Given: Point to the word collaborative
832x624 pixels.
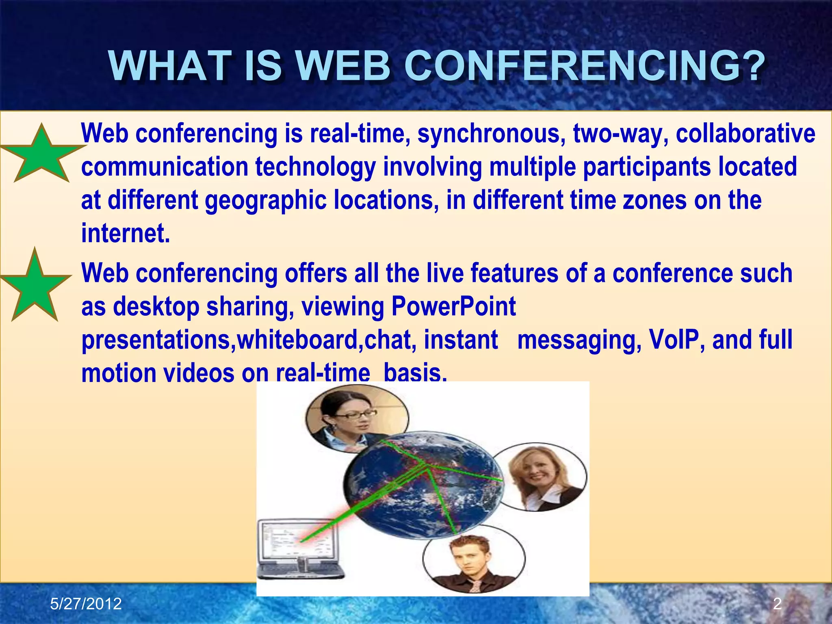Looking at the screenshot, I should click(745, 134).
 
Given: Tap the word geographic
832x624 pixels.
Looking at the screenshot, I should click(266, 201).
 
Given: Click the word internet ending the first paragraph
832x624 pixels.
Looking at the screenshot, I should click(125, 234).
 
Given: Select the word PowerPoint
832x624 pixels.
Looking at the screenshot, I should click(453, 307).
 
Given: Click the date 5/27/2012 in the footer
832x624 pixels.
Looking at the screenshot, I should click(86, 604).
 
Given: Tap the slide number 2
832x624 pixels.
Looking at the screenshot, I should click(777, 604).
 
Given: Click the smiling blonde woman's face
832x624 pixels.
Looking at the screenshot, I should click(536, 471).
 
